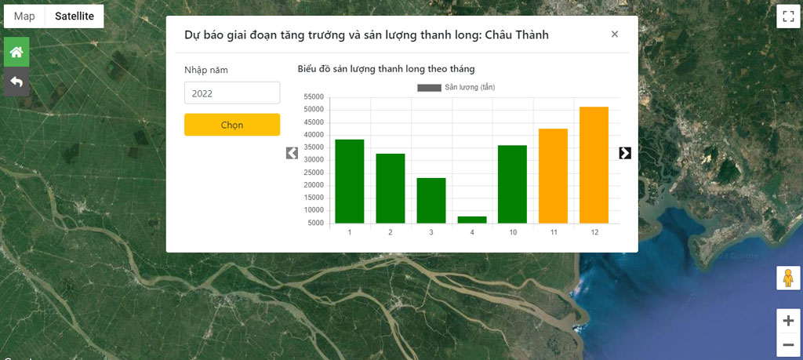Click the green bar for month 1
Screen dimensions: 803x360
(349, 181)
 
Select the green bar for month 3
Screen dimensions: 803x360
(431, 200)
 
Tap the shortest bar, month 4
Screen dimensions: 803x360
(471, 220)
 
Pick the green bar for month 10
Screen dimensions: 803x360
(512, 184)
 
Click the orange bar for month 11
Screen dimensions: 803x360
(553, 176)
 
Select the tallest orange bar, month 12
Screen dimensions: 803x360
(594, 165)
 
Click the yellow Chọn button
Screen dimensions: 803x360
(232, 125)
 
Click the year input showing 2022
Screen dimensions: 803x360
(232, 93)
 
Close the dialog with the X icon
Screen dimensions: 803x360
(615, 35)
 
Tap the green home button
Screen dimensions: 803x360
(16, 52)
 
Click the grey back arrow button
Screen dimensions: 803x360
(16, 82)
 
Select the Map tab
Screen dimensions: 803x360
(24, 16)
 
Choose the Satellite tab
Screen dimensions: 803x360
(74, 16)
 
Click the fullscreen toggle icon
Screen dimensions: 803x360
(788, 16)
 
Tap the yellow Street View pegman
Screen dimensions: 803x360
(788, 278)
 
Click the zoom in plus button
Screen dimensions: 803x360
(788, 321)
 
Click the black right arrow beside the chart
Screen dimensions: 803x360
(625, 153)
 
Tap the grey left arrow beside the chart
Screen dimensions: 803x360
(292, 153)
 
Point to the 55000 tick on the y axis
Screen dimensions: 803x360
(314, 97)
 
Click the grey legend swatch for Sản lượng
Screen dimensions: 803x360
(429, 88)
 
